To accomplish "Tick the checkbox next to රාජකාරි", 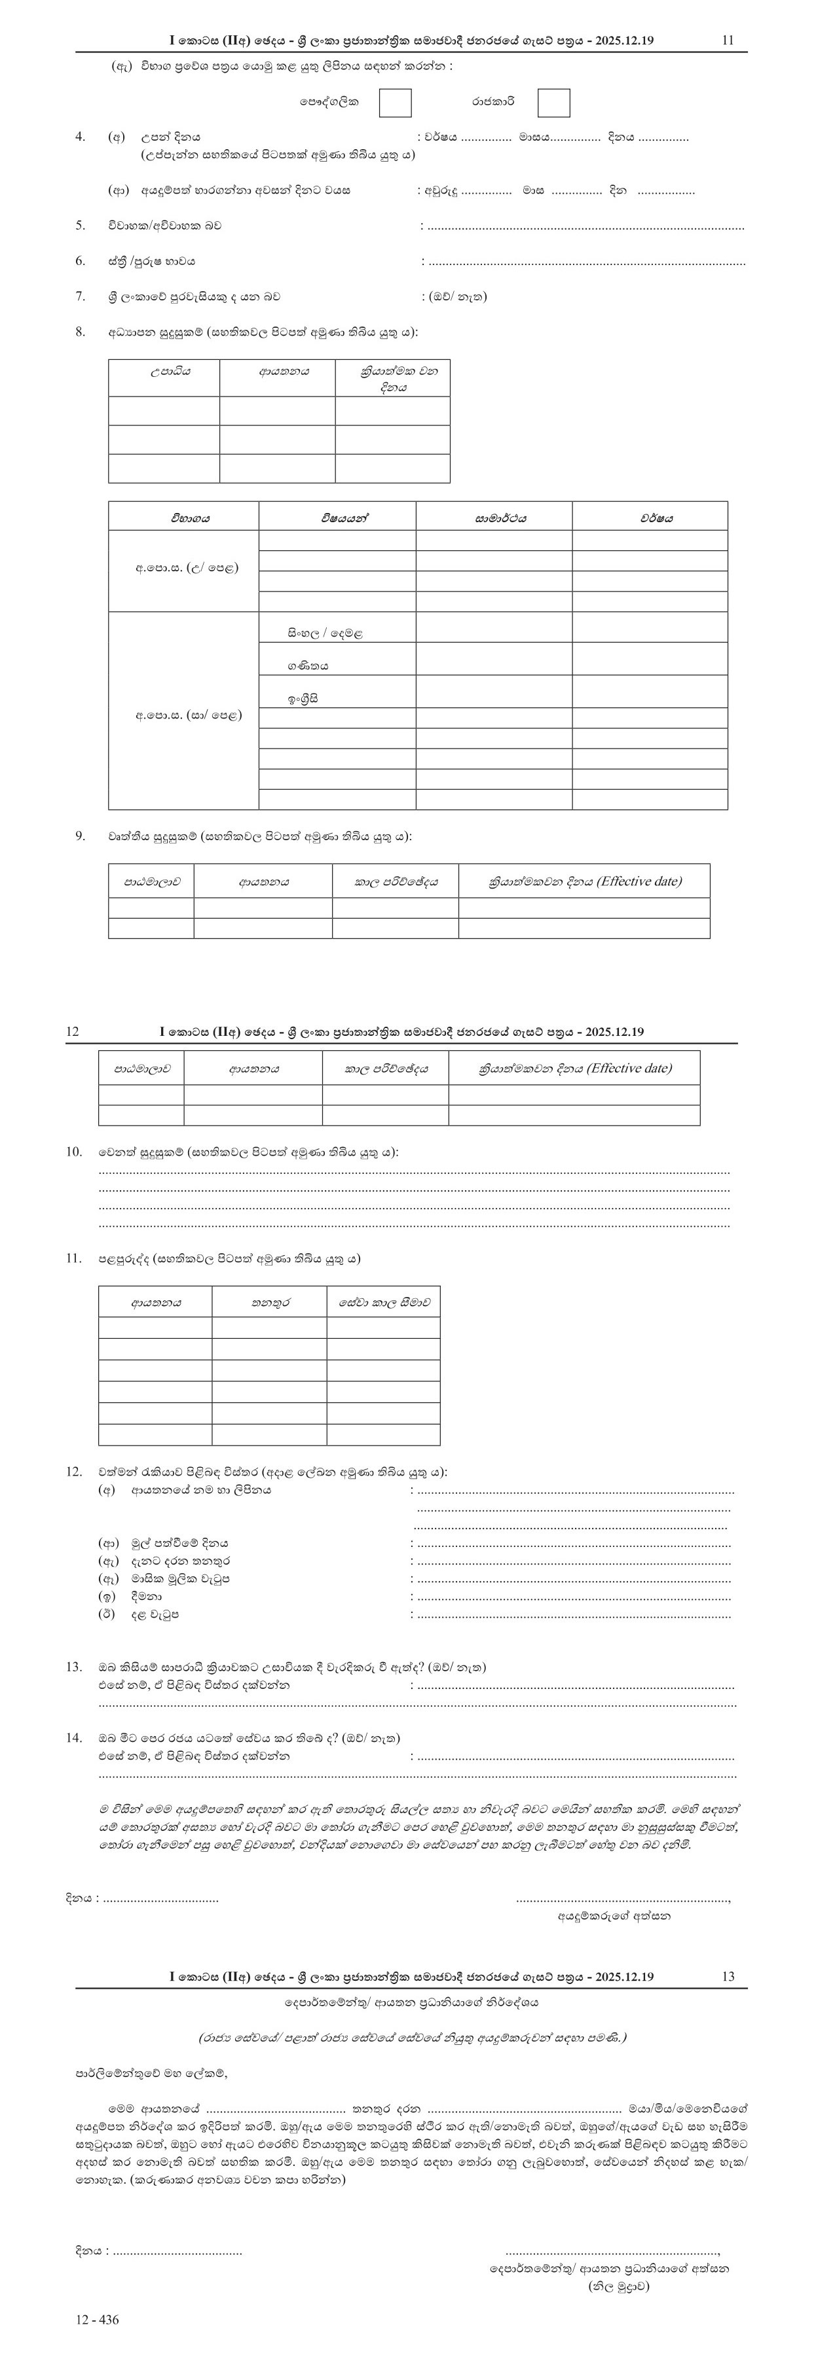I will (x=553, y=103).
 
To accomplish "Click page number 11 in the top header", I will (x=728, y=41).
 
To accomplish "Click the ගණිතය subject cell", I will (x=308, y=665).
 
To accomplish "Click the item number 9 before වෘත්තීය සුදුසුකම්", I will (x=81, y=836).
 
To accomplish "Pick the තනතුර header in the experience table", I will (x=270, y=1303).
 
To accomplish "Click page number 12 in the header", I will (x=73, y=1032).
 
